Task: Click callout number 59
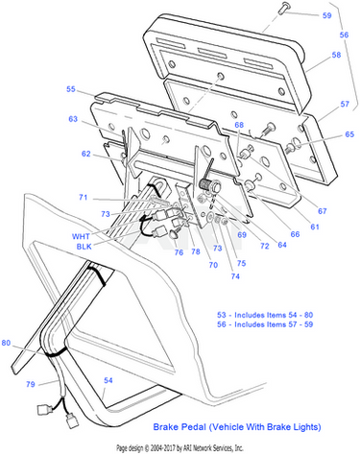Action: [x=326, y=15]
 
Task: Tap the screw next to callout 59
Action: [x=282, y=8]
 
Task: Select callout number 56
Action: [x=344, y=35]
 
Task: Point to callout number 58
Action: [x=336, y=55]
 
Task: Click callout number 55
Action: [x=71, y=89]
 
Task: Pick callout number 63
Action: [x=73, y=119]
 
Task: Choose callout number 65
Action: [x=349, y=134]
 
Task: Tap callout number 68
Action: [x=239, y=125]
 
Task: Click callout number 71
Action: [x=84, y=198]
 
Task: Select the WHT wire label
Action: [x=81, y=236]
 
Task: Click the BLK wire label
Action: [x=84, y=247]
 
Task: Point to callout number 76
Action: [x=179, y=252]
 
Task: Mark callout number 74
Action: [x=235, y=275]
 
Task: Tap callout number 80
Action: [x=6, y=343]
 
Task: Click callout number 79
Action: [x=31, y=384]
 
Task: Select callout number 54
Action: [x=108, y=380]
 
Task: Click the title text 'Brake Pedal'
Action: [x=180, y=427]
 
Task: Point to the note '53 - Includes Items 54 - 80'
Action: [x=265, y=315]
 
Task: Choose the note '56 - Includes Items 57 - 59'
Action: [x=265, y=324]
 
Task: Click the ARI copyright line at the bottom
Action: [x=180, y=447]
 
